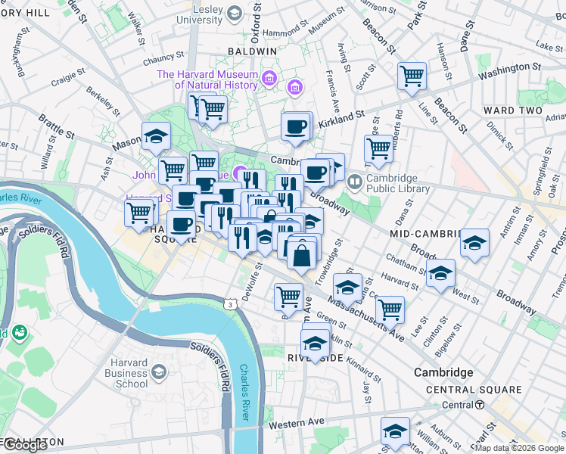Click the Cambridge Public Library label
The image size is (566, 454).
click(398, 183)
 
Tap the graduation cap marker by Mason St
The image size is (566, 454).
click(156, 137)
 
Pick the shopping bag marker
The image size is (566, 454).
click(302, 254)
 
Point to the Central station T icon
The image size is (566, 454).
click(480, 405)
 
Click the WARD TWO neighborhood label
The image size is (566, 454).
click(512, 110)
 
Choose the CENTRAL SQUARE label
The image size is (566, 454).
click(474, 390)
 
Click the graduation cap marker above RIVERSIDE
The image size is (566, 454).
click(316, 342)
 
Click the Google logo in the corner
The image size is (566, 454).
click(25, 445)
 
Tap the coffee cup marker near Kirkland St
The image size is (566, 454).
click(296, 126)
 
